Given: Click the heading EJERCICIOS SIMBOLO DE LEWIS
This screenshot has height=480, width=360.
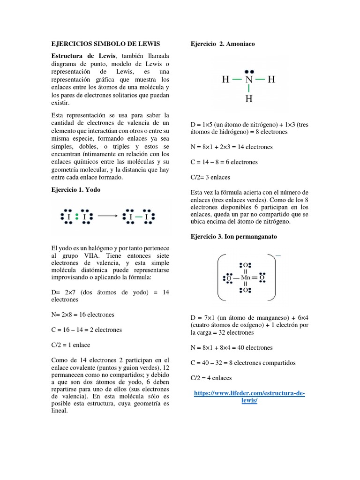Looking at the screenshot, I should pos(105,44).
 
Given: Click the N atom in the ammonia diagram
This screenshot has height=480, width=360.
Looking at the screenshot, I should pos(248,80).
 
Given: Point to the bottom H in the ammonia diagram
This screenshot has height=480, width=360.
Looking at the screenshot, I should pos(248,99).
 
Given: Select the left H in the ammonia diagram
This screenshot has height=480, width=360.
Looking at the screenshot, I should pos(225,80).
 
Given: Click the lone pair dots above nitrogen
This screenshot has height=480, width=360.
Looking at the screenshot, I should pos(248,69).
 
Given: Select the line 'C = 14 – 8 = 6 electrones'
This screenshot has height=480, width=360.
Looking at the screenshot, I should pos(224,162).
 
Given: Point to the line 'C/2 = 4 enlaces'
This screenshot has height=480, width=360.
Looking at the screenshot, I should pos(211,378).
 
